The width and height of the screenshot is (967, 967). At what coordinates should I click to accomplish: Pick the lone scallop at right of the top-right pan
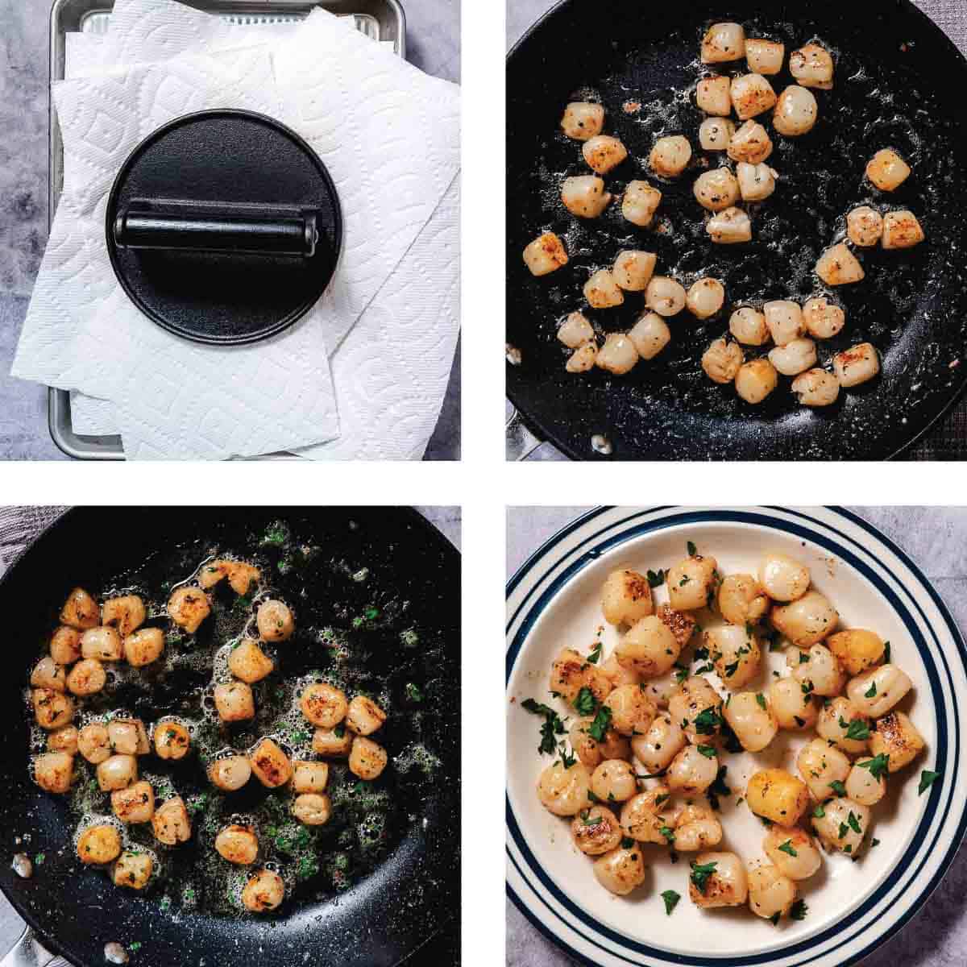pyautogui.click(x=887, y=168)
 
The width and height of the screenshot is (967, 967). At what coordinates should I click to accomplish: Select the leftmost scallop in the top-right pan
pyautogui.click(x=545, y=255)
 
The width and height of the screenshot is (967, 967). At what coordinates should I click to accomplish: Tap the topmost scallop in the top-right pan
pyautogui.click(x=722, y=42)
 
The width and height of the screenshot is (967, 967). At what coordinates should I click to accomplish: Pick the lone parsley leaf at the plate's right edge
pyautogui.click(x=928, y=779)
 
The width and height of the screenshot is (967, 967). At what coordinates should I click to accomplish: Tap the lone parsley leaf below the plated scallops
pyautogui.click(x=670, y=901)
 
